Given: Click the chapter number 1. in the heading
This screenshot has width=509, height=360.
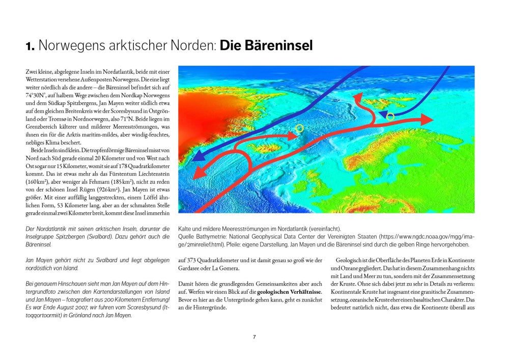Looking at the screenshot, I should click(30, 46).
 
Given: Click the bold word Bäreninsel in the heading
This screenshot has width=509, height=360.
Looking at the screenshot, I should click(266, 45).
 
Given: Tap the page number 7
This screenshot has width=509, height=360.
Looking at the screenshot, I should click(254, 337).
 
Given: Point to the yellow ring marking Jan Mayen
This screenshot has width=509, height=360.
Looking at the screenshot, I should click(299, 128).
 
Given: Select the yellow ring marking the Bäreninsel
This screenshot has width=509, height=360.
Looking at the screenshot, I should click(390, 117).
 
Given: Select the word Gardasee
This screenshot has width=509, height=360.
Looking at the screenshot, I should click(190, 269).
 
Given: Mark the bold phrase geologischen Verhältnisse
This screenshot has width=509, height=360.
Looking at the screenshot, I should click(289, 292).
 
